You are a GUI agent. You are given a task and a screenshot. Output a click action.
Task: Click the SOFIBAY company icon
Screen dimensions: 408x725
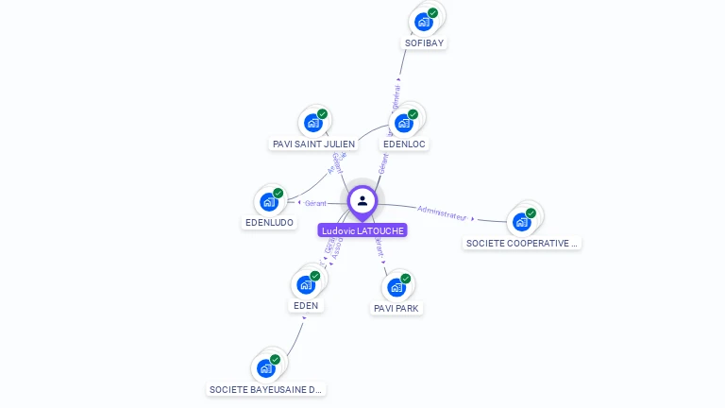pos(424,21)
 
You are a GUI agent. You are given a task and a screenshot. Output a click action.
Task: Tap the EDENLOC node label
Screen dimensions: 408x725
pos(404,144)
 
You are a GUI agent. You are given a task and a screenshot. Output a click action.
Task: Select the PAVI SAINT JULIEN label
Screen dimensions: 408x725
pos(313,144)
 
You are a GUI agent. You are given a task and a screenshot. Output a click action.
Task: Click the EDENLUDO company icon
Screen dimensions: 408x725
pos(269,201)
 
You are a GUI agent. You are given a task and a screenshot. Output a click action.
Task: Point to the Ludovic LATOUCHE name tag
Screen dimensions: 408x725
pos(362,230)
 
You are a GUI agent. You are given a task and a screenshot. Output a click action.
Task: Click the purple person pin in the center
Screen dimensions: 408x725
pos(362,200)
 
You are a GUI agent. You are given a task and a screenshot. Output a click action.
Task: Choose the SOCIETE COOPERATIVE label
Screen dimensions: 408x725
pos(522,243)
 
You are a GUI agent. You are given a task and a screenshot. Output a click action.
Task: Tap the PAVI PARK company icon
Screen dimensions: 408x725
pos(396,286)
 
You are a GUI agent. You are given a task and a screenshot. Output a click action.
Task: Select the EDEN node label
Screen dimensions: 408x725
pos(306,305)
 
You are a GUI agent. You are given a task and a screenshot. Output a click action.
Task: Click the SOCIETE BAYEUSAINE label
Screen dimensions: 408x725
pos(266,389)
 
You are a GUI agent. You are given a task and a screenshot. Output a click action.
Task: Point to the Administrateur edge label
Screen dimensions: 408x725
pos(442,212)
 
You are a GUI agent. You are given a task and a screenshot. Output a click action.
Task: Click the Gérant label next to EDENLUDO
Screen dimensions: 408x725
pos(315,203)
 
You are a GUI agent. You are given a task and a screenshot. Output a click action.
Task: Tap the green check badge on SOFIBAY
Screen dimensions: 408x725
pos(432,13)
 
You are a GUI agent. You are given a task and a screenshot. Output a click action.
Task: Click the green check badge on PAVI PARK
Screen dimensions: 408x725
pos(406,279)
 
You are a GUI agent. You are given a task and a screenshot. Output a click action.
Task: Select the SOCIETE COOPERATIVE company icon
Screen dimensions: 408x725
pos(521,222)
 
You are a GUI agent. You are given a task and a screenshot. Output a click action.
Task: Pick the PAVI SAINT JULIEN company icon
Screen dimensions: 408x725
pos(313,123)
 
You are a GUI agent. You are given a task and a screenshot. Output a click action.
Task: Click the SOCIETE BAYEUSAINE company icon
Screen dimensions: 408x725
pos(266,367)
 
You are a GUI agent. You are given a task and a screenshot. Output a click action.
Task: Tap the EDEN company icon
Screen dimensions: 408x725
pos(306,284)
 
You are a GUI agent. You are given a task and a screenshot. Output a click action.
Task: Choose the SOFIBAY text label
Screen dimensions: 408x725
pos(424,42)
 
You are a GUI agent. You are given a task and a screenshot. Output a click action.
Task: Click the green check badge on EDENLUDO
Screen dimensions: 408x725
pos(278,194)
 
